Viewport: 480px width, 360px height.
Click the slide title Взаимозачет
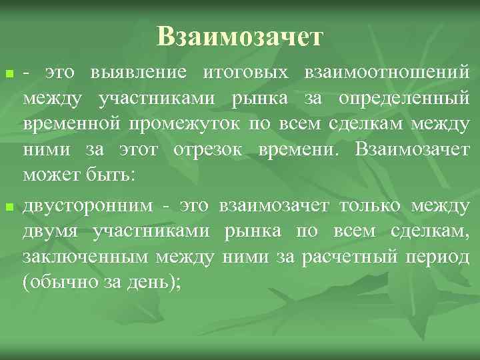pos(240,36)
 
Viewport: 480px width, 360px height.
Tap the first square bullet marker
pos(8,71)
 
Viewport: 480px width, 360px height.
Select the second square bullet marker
pos(8,208)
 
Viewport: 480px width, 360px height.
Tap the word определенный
pos(405,99)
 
